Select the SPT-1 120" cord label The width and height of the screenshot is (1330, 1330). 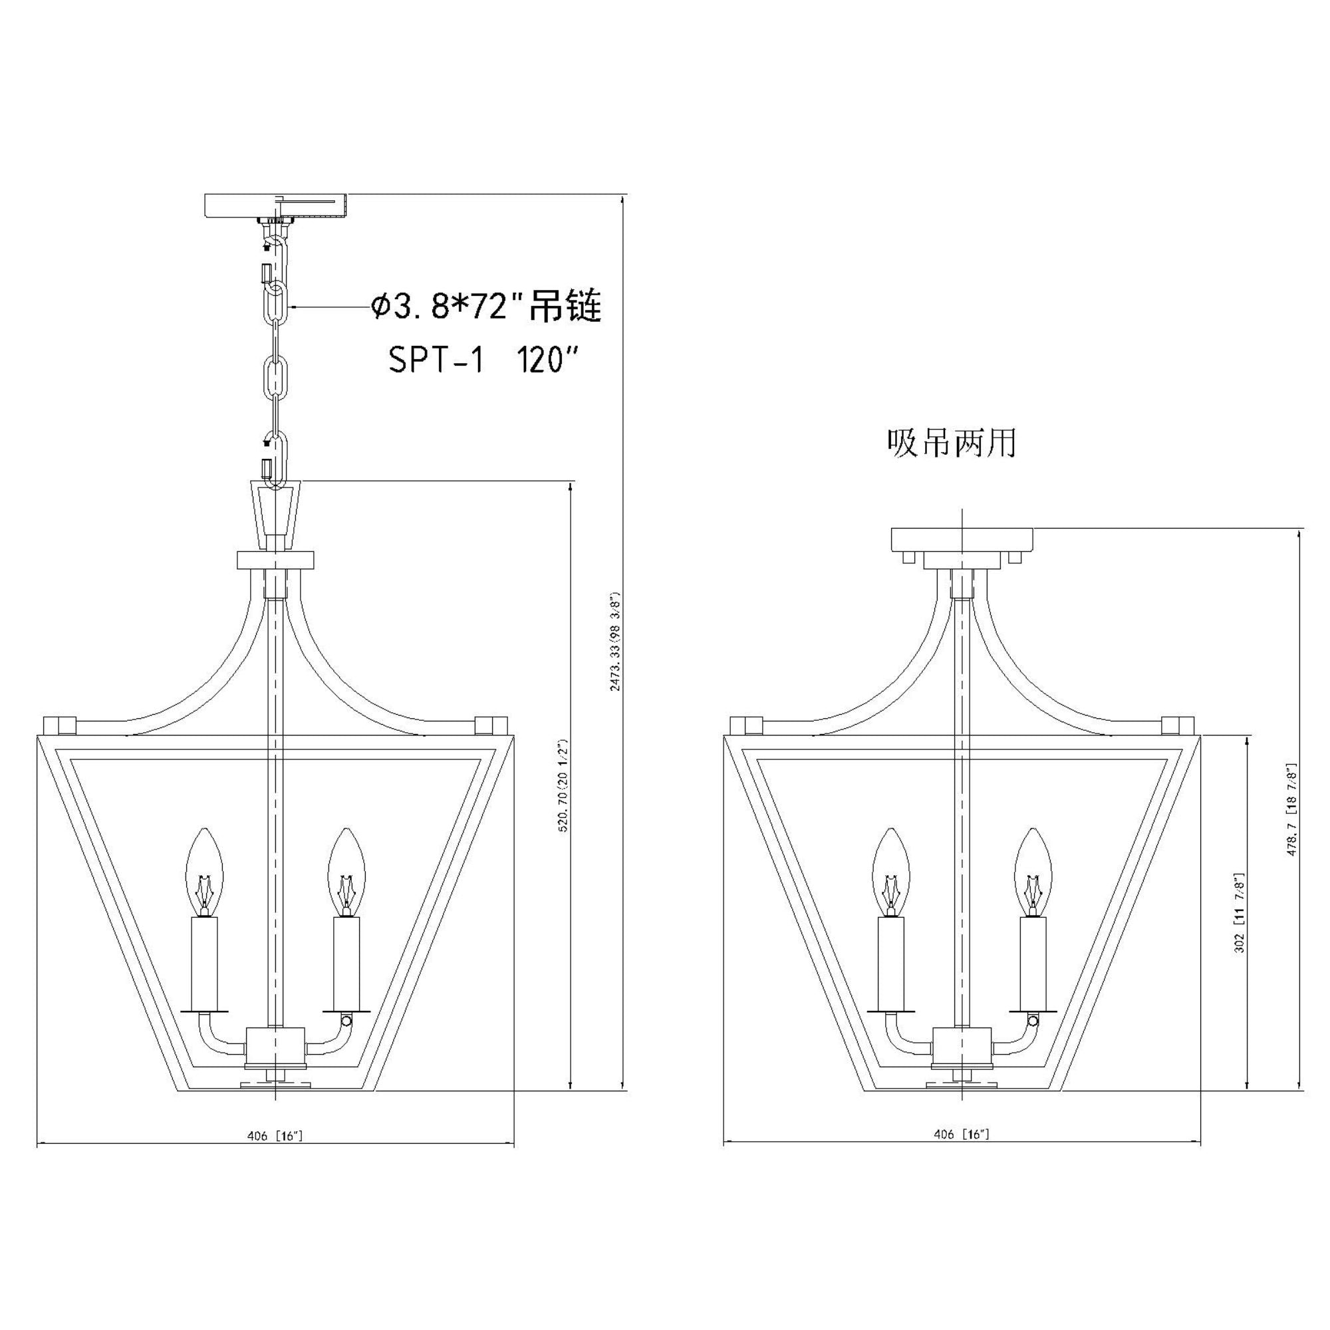coord(483,359)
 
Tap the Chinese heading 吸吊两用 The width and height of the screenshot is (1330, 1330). coord(952,444)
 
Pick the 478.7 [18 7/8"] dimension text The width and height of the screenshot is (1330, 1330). coord(1292,809)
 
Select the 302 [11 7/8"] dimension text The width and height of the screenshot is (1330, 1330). coord(1239,914)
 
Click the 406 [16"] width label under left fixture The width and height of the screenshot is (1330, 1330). coord(275,1136)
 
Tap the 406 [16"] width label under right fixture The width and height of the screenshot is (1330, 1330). coord(961,1134)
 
